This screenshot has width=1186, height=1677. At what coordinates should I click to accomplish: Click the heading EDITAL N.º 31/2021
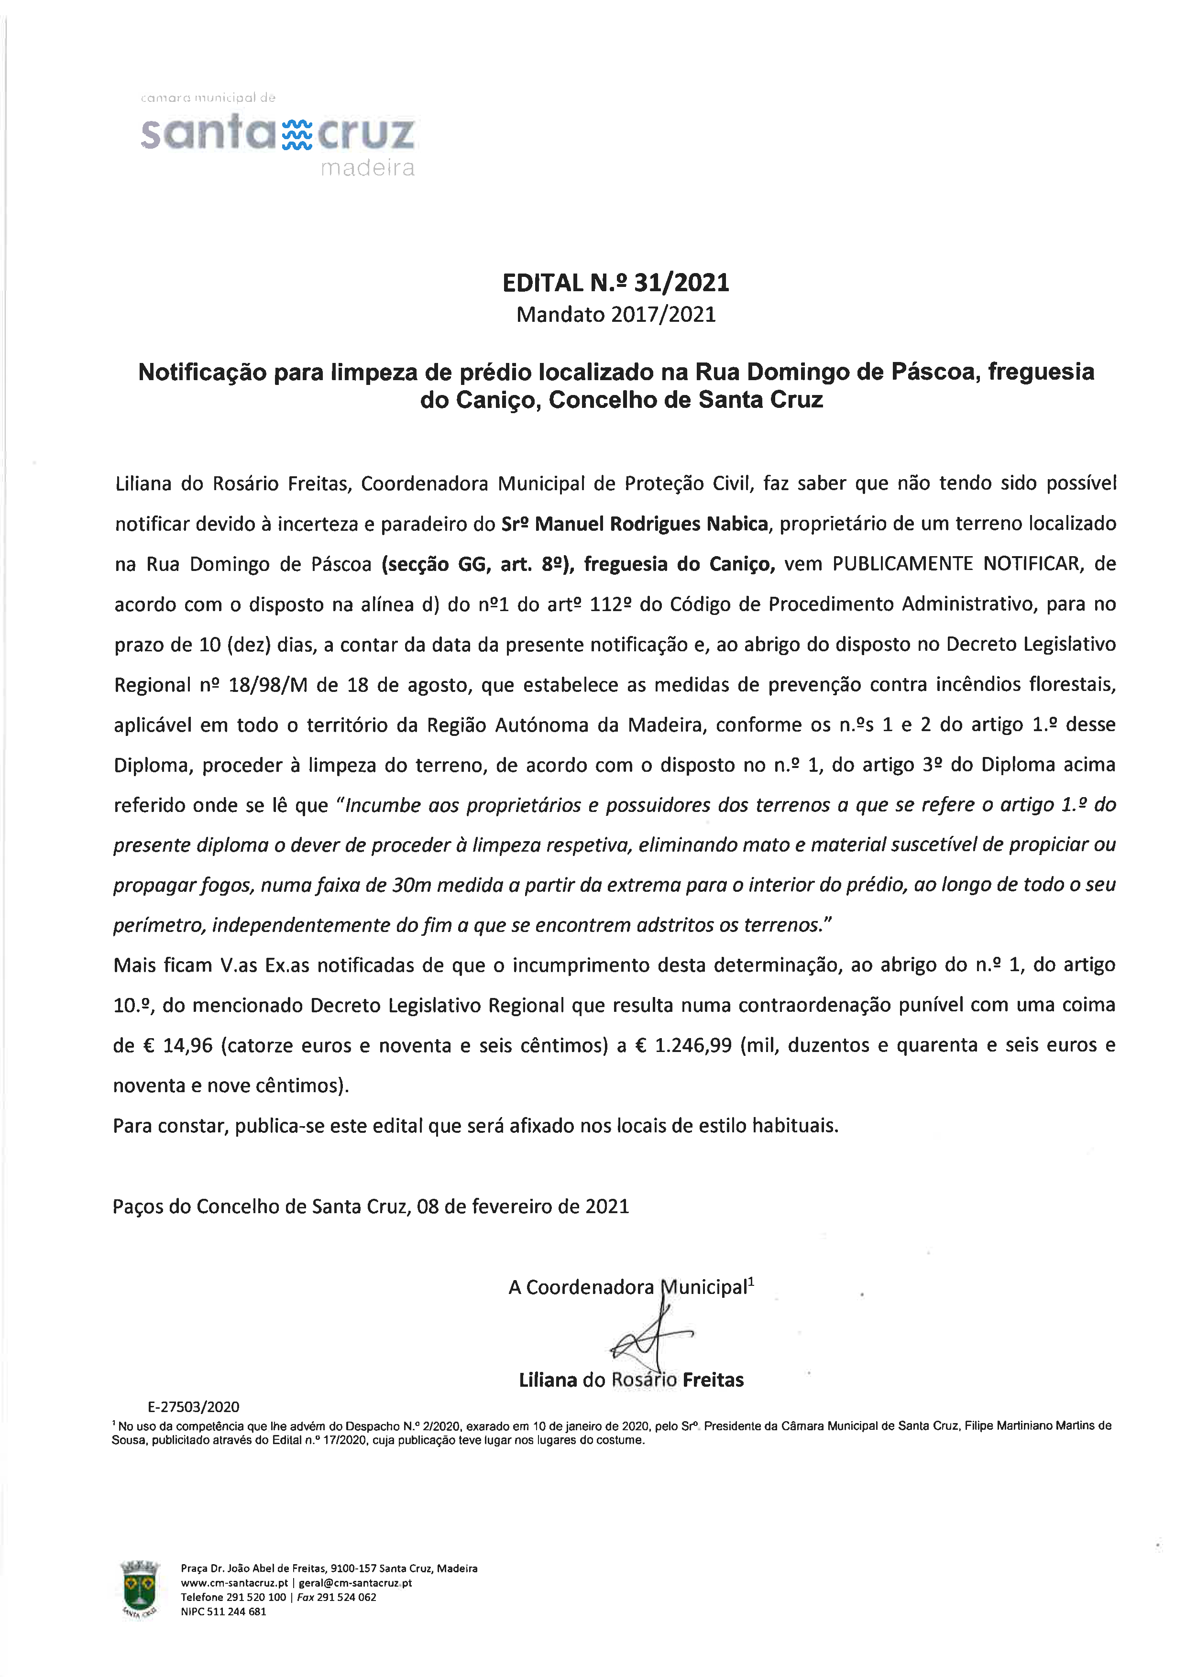click(x=615, y=283)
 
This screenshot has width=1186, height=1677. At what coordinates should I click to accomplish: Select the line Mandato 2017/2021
click(x=615, y=315)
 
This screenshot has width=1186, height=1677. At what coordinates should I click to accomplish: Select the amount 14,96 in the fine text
click(x=187, y=1046)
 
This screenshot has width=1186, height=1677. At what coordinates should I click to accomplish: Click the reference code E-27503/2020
click(x=194, y=1407)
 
